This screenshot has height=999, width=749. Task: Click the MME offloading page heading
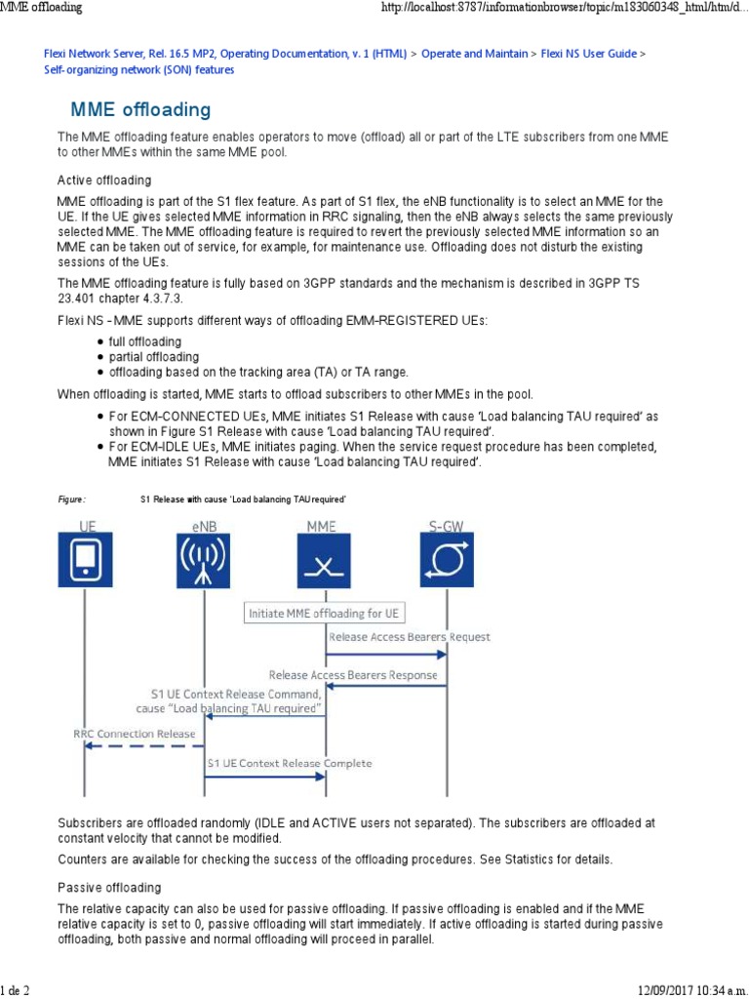140,108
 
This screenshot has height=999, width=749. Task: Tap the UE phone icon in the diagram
85,559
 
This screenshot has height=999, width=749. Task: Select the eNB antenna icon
204,559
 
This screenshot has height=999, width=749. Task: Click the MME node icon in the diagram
326,559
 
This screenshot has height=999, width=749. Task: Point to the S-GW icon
447,559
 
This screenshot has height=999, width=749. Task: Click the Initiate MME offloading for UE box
325,613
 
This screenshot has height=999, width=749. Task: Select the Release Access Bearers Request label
410,637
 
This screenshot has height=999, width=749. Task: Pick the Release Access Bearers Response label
353,674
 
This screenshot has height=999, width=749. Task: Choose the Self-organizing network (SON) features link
139,70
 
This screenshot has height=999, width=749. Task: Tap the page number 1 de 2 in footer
16,990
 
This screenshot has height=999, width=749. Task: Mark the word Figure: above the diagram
72,499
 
